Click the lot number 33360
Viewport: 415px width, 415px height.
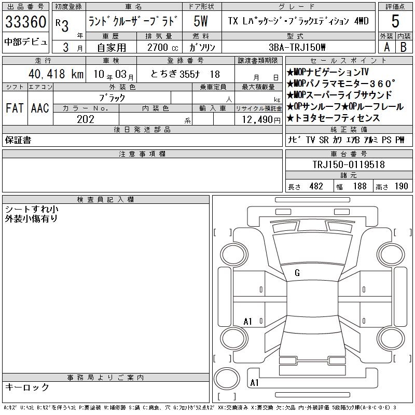point(25,22)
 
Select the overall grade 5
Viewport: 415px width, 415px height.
point(395,21)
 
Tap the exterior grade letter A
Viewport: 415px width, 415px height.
point(386,47)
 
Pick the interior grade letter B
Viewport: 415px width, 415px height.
point(404,47)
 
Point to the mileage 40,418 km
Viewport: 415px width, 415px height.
point(56,74)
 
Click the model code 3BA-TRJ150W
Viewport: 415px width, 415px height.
point(297,47)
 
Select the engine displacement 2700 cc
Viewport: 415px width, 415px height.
point(163,47)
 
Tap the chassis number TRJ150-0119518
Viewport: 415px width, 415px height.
point(349,164)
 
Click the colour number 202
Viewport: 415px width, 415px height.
point(86,119)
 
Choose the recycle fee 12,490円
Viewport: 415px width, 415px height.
point(261,120)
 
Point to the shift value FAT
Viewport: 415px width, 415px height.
point(15,108)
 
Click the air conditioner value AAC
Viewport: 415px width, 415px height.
point(40,108)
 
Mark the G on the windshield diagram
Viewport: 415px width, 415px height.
point(297,273)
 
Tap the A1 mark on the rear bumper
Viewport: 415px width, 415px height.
point(254,382)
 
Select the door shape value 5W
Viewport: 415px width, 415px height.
point(201,21)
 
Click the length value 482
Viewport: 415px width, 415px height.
point(316,186)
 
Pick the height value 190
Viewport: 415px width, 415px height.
point(401,186)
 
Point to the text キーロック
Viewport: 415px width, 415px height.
point(27,387)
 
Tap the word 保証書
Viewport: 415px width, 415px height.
point(18,140)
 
